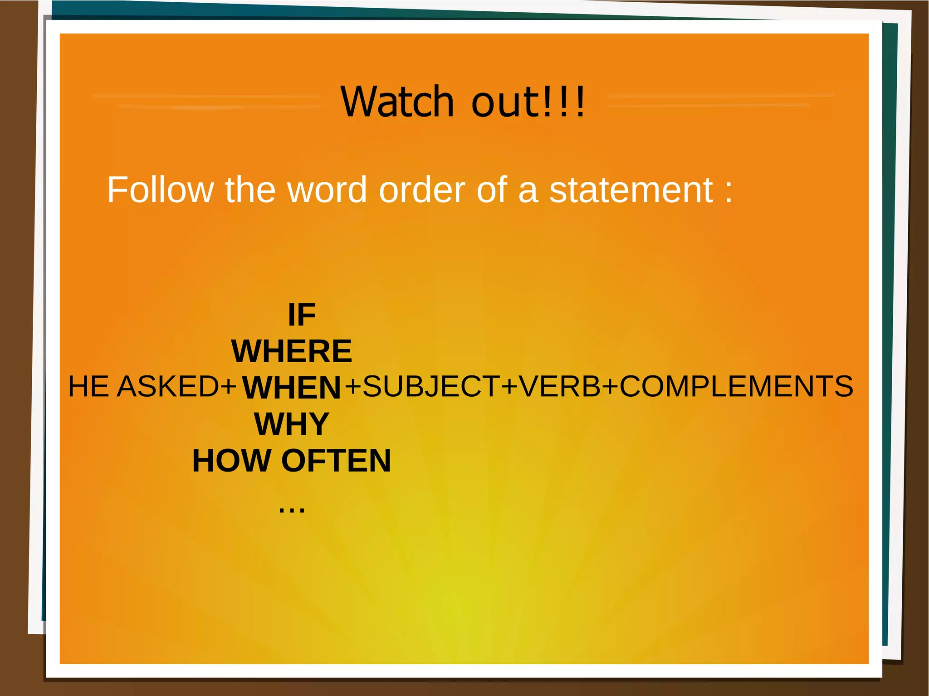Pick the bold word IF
(x=302, y=315)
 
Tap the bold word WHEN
(x=291, y=388)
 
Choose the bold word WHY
(x=292, y=424)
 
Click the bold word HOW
(x=232, y=461)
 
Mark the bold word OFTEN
(x=336, y=461)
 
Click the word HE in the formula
(x=89, y=386)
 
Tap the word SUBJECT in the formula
(x=431, y=386)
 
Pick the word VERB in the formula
(x=559, y=386)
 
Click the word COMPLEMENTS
(x=736, y=386)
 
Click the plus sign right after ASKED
(x=228, y=387)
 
